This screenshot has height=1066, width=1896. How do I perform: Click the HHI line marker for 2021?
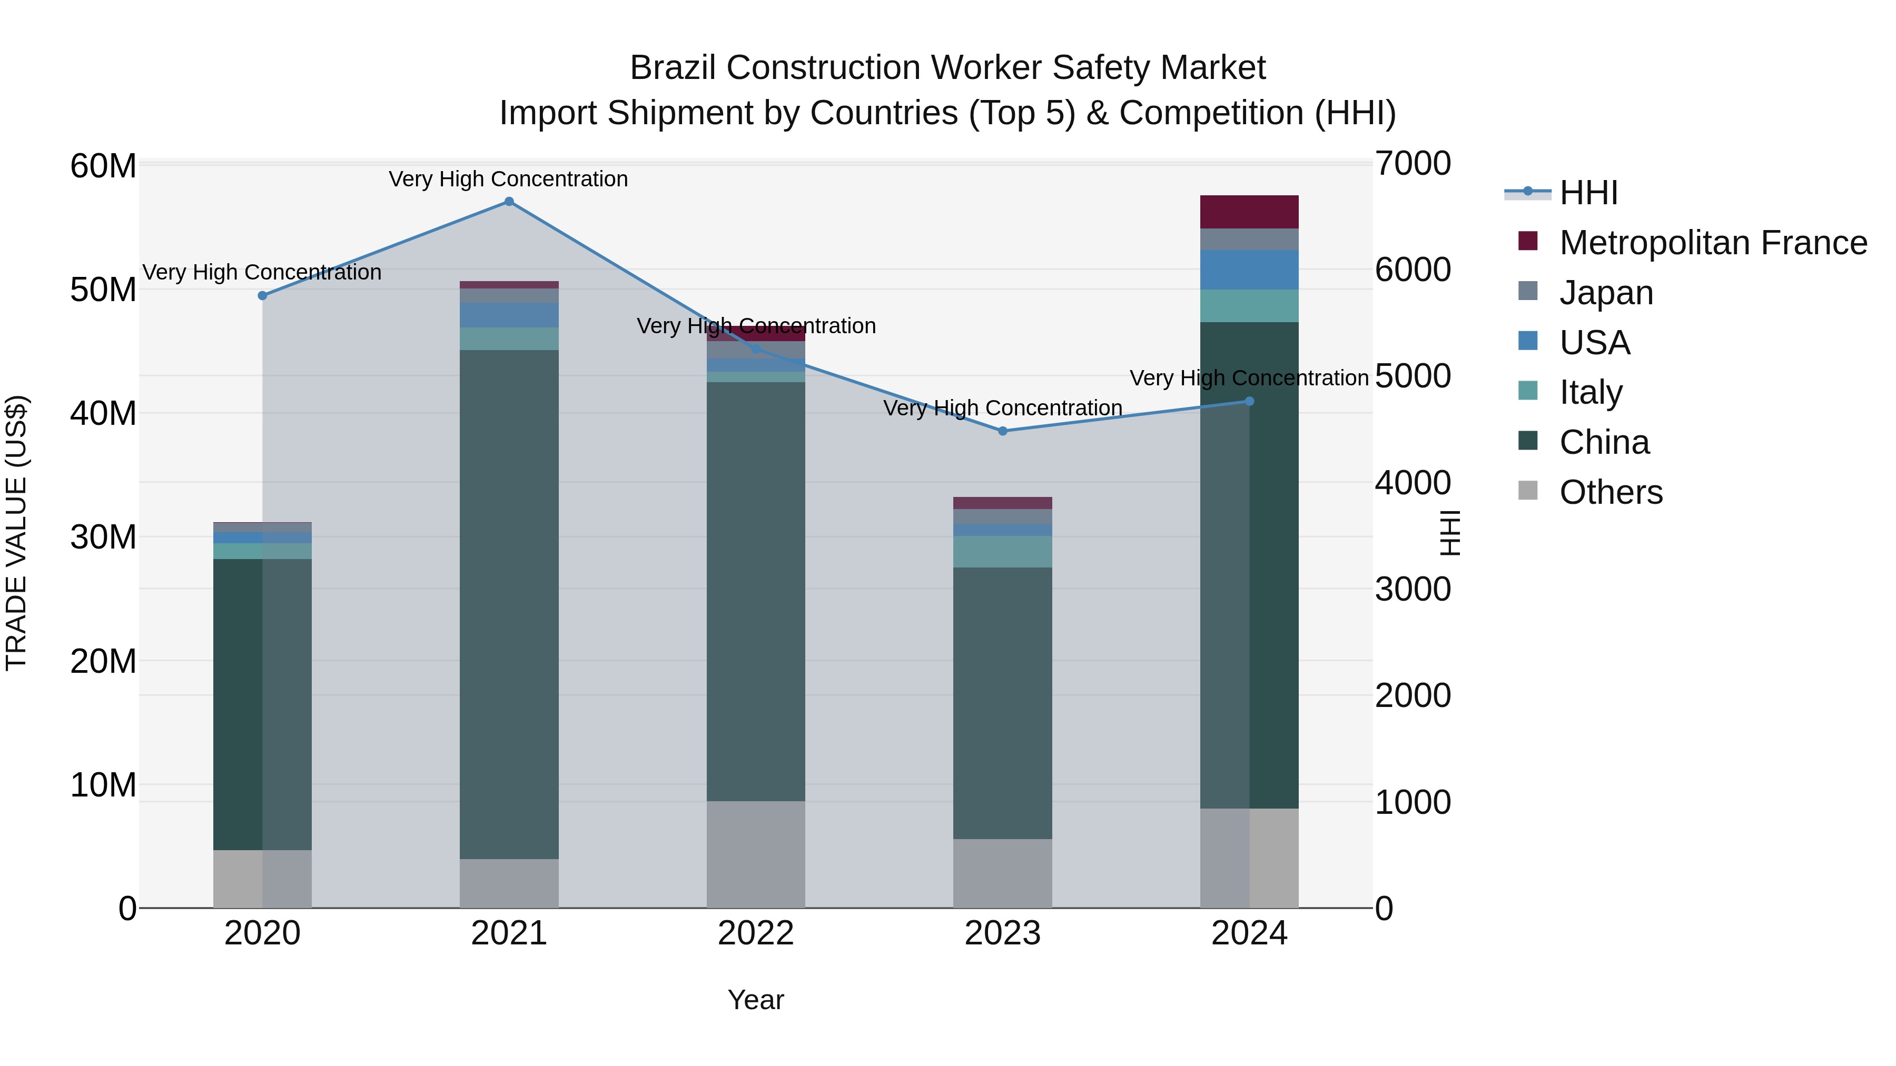[x=509, y=202]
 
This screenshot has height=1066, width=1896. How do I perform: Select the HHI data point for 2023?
[x=1002, y=431]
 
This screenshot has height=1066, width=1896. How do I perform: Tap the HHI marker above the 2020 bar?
[x=263, y=296]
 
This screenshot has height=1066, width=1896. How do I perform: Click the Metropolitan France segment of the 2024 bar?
[x=1249, y=212]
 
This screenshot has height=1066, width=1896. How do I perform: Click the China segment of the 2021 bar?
[x=509, y=603]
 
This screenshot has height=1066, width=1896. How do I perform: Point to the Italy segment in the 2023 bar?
[x=1002, y=551]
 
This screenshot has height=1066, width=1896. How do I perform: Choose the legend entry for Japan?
[x=1605, y=293]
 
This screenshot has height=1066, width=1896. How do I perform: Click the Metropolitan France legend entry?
[x=1712, y=243]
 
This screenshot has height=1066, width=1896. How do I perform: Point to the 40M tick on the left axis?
[x=103, y=413]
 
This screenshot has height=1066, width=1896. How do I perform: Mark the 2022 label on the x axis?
[x=756, y=933]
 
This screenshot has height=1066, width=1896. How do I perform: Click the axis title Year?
[x=756, y=1000]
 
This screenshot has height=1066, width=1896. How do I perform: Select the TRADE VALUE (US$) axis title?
[x=16, y=533]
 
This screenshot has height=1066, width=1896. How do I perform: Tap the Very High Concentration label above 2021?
[x=509, y=179]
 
